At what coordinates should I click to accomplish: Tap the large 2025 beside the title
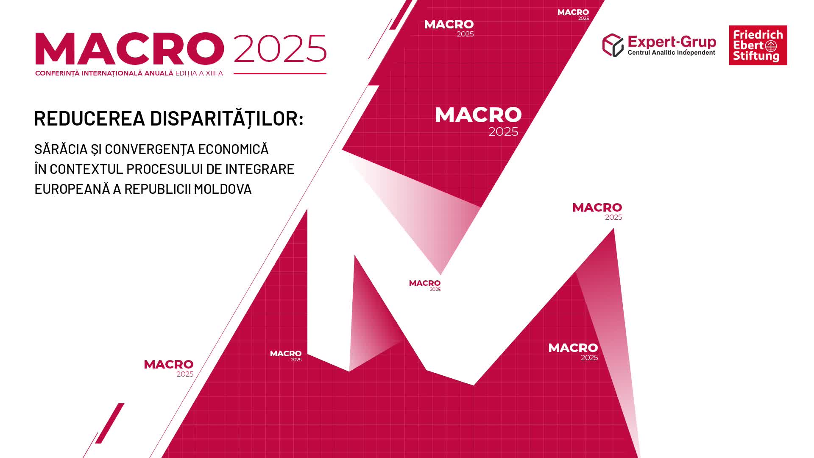(280, 48)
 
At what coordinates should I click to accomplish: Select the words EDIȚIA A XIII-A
(199, 73)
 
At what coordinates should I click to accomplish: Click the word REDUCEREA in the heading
(89, 118)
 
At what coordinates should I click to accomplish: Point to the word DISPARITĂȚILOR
(226, 118)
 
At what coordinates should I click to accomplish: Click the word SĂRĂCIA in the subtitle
(61, 149)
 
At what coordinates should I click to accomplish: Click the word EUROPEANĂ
(72, 189)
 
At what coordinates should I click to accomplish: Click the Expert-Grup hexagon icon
(613, 45)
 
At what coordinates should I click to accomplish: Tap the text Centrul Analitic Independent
(671, 53)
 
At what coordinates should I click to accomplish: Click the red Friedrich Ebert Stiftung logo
(758, 45)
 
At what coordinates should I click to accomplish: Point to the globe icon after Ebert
(771, 46)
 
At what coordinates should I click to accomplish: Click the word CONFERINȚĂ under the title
(57, 73)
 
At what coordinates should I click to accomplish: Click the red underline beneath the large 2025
(280, 73)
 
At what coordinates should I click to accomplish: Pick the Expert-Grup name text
(672, 42)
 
